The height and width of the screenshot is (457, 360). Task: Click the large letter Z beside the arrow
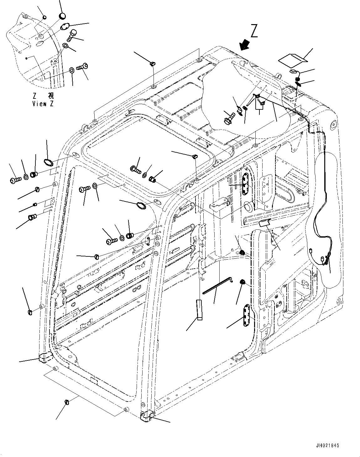pyautogui.click(x=254, y=32)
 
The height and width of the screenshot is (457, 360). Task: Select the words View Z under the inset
pyautogui.click(x=43, y=104)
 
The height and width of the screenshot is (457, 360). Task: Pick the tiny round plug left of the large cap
pyautogui.click(x=44, y=17)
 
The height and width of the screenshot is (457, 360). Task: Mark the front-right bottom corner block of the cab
pyautogui.click(x=146, y=416)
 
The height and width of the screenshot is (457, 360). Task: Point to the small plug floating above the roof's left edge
pyautogui.click(x=153, y=64)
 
